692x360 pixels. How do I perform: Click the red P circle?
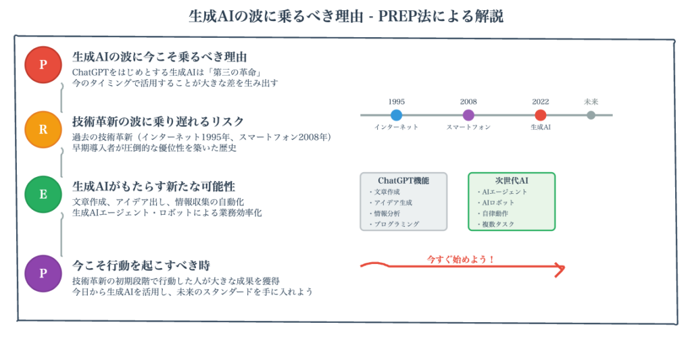pyautogui.click(x=43, y=65)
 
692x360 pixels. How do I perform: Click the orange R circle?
pyautogui.click(x=43, y=130)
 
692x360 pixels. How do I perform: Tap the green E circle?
pyautogui.click(x=43, y=195)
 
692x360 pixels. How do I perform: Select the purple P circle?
pyautogui.click(x=43, y=274)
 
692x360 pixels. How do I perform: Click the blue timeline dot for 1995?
pyautogui.click(x=396, y=115)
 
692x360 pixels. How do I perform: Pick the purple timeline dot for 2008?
pyautogui.click(x=468, y=115)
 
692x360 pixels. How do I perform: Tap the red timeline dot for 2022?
pyautogui.click(x=540, y=115)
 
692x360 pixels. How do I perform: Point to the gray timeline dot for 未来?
pyautogui.click(x=591, y=115)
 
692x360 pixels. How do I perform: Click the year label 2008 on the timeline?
pyautogui.click(x=468, y=102)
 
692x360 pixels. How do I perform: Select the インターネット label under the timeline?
pyautogui.click(x=396, y=127)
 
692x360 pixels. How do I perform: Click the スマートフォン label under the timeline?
pyautogui.click(x=468, y=127)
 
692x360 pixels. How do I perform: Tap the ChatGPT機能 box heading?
pyautogui.click(x=403, y=180)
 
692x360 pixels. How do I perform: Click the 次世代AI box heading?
pyautogui.click(x=512, y=180)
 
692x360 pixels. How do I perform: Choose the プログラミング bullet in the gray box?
pyautogui.click(x=395, y=224)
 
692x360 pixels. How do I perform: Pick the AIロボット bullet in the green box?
pyautogui.click(x=496, y=203)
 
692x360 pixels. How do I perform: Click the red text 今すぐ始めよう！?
pyautogui.click(x=461, y=259)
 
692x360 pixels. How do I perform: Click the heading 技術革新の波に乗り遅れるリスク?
pyautogui.click(x=158, y=122)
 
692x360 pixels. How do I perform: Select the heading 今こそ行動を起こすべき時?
pyautogui.click(x=141, y=265)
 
